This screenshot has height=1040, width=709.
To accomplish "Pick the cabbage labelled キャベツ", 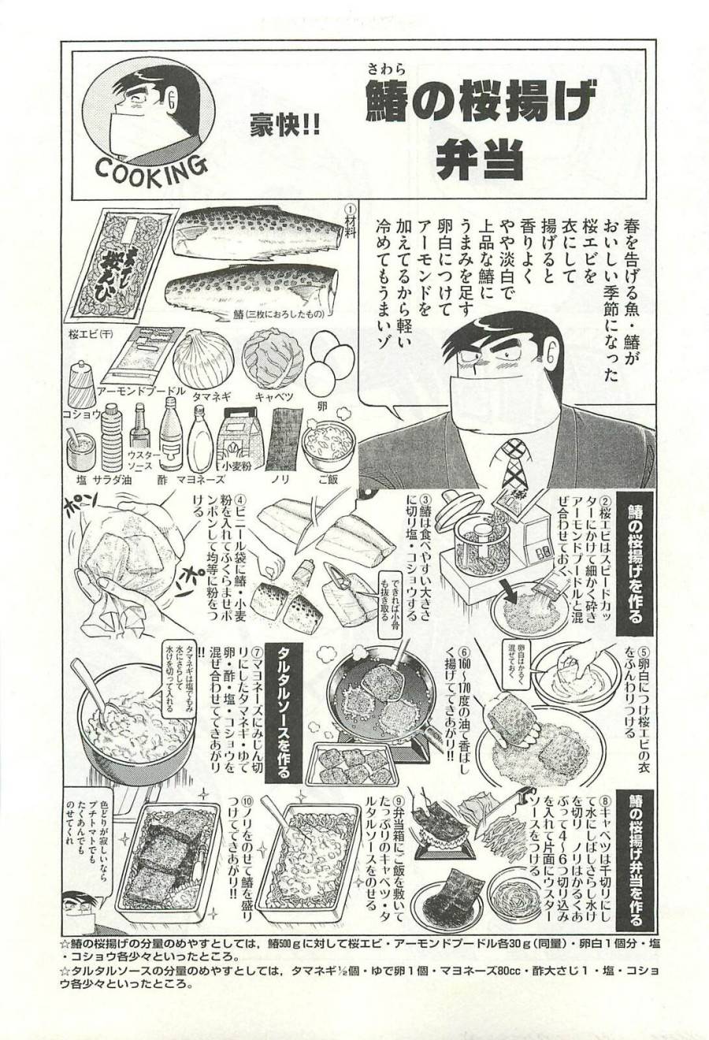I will point(273,359).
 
